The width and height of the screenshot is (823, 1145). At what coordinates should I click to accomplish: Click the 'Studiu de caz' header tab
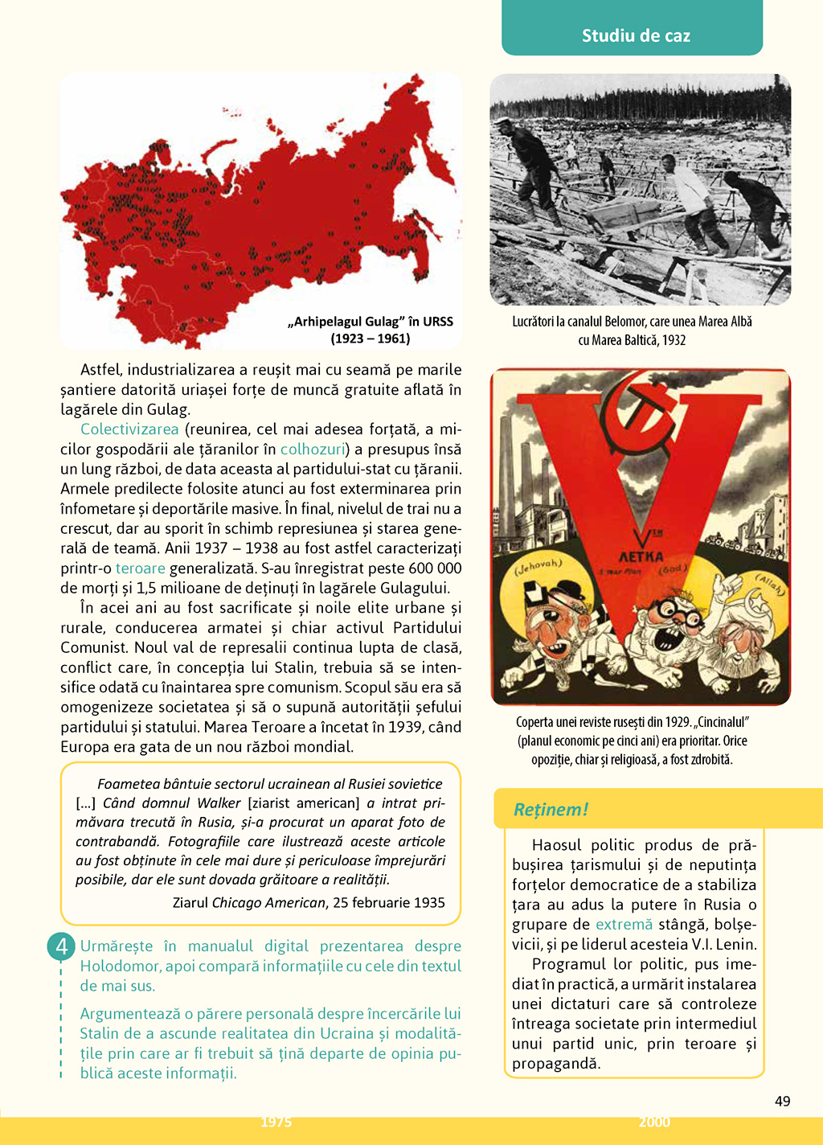[x=635, y=35]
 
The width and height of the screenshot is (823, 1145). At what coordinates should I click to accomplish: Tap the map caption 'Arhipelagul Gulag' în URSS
[x=370, y=322]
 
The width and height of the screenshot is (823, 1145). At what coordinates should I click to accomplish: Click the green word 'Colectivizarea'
[x=129, y=429]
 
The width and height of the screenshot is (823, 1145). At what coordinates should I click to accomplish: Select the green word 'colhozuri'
[x=313, y=449]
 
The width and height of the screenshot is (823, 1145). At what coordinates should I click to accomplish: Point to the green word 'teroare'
[x=140, y=568]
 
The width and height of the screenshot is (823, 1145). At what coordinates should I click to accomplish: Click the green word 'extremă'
[x=624, y=925]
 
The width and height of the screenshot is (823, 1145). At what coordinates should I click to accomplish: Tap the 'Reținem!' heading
[x=551, y=809]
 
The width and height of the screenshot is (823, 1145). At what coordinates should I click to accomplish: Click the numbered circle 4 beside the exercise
[x=62, y=946]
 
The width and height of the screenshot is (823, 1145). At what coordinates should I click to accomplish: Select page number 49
[x=782, y=1101]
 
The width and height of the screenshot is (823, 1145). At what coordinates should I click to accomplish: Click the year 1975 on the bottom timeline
[x=276, y=1122]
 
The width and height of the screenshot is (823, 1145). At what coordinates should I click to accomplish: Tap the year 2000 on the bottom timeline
[x=654, y=1122]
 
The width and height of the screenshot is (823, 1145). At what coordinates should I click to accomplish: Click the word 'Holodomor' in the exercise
[x=117, y=966]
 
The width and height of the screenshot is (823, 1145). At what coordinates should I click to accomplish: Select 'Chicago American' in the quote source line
[x=269, y=903]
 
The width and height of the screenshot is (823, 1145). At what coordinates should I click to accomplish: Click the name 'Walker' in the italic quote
[x=219, y=803]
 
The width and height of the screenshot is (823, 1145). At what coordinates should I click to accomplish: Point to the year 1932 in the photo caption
[x=674, y=340]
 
